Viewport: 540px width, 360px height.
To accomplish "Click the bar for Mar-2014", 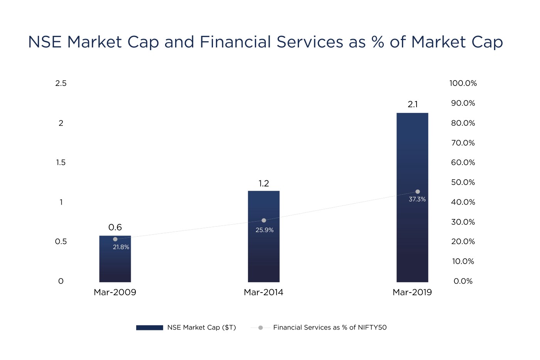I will click(x=263, y=251).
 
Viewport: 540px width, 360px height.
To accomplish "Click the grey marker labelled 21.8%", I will click(x=115, y=239).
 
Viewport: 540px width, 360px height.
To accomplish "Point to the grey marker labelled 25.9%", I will click(x=264, y=220).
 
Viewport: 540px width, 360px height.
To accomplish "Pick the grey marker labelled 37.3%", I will click(x=417, y=192).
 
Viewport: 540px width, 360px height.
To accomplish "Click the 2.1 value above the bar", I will click(x=413, y=104).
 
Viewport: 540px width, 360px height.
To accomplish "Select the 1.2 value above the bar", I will click(x=264, y=183).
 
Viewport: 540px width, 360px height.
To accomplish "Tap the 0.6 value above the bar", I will click(x=115, y=227).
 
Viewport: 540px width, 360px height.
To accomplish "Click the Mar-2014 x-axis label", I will click(x=263, y=293).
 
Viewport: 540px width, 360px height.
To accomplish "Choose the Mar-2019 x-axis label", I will click(x=412, y=293).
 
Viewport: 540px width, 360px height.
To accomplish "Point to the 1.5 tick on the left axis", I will click(x=61, y=163).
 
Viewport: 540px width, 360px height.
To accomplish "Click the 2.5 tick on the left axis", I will click(x=61, y=83).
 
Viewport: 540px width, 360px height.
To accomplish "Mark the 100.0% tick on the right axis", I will click(x=463, y=83).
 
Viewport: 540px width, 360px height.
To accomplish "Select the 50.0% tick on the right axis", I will click(x=463, y=182).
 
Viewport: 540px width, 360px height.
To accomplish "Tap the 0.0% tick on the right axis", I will click(x=463, y=281).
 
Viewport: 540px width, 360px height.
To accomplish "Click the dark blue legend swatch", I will click(x=150, y=328).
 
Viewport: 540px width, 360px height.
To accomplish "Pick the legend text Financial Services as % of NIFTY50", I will click(x=330, y=328).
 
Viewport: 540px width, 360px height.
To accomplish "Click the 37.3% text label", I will click(x=417, y=199).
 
